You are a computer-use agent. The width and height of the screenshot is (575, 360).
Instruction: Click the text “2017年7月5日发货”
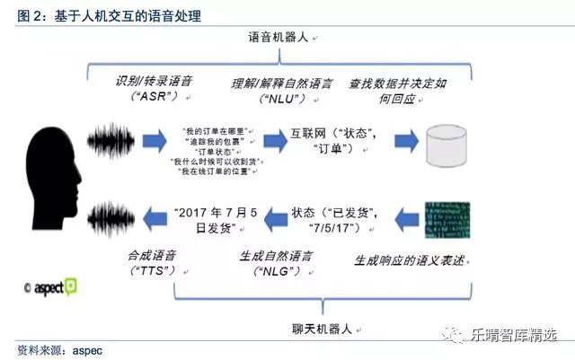206,221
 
